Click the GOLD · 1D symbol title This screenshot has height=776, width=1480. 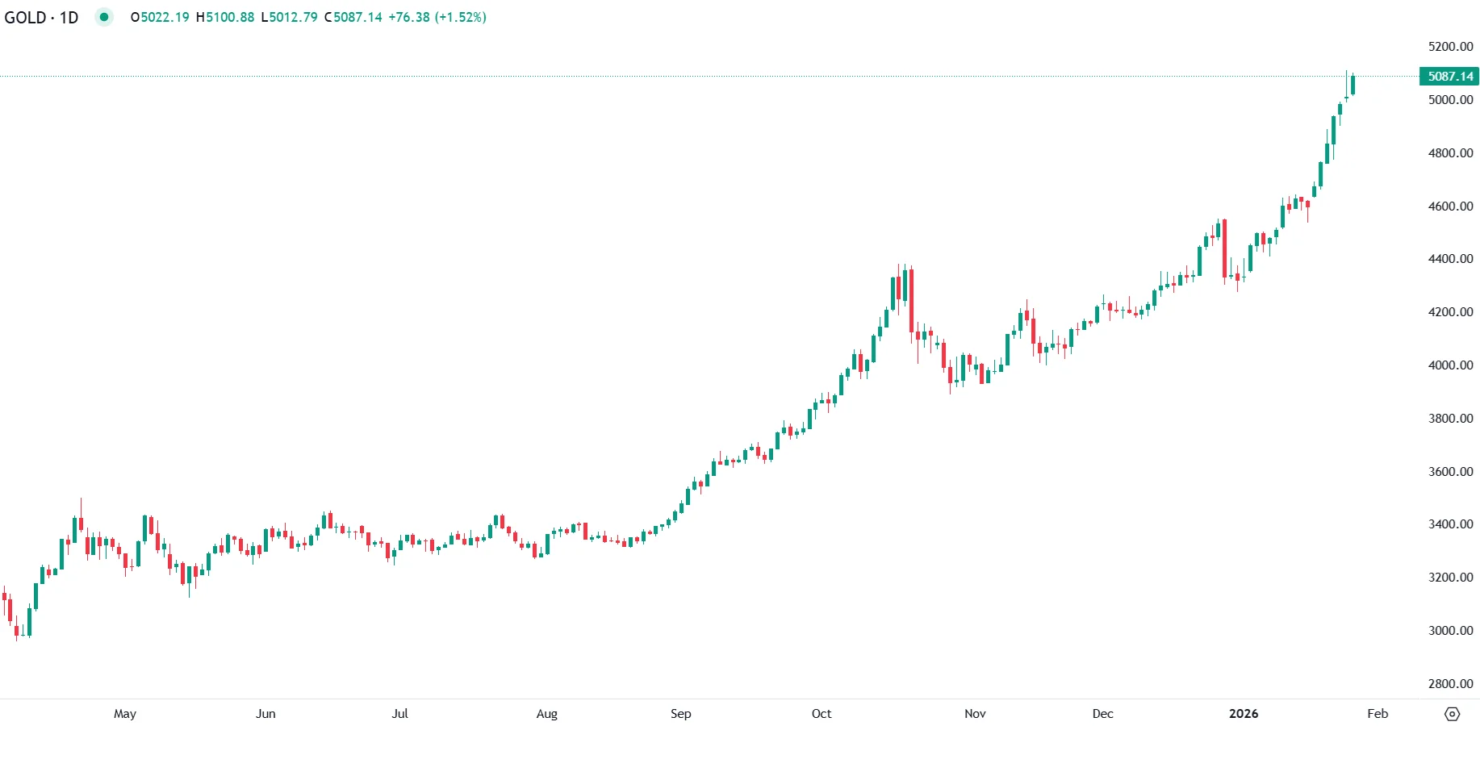pos(41,17)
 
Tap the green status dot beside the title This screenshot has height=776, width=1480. pos(104,17)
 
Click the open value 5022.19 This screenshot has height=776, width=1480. pos(165,17)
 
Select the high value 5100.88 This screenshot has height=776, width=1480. pos(230,17)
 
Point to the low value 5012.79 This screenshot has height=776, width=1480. pos(293,17)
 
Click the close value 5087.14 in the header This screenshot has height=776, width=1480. pos(357,17)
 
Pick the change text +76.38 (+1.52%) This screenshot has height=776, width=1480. pos(437,17)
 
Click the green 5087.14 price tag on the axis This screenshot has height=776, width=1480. pos(1449,77)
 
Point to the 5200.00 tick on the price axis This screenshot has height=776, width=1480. pos(1450,47)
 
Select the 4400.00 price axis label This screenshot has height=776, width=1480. pos(1450,259)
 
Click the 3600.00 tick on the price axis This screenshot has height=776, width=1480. pos(1450,471)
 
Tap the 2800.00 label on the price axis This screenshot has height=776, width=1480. pos(1450,683)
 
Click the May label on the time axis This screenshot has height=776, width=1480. pos(125,713)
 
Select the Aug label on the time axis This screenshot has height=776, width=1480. pos(546,713)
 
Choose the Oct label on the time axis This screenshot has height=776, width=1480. pos(821,713)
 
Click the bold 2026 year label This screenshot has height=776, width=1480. pos(1243,713)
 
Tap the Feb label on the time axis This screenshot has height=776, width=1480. pos(1378,713)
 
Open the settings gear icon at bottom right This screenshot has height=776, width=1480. pos(1452,714)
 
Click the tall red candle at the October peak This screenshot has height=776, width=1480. pos(911,300)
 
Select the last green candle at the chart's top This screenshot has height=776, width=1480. pos(1352,85)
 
